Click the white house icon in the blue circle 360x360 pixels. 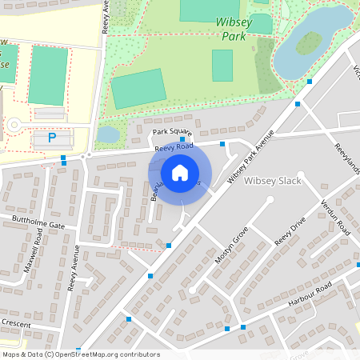[180, 172]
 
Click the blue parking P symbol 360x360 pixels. [52, 138]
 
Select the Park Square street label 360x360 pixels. [172, 132]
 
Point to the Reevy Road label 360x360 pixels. [174, 147]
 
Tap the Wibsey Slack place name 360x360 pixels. [270, 181]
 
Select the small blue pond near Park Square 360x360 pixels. [107, 134]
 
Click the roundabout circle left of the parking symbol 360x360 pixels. [14, 125]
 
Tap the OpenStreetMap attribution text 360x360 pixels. [81, 354]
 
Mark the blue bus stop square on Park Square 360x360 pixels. [182, 139]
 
